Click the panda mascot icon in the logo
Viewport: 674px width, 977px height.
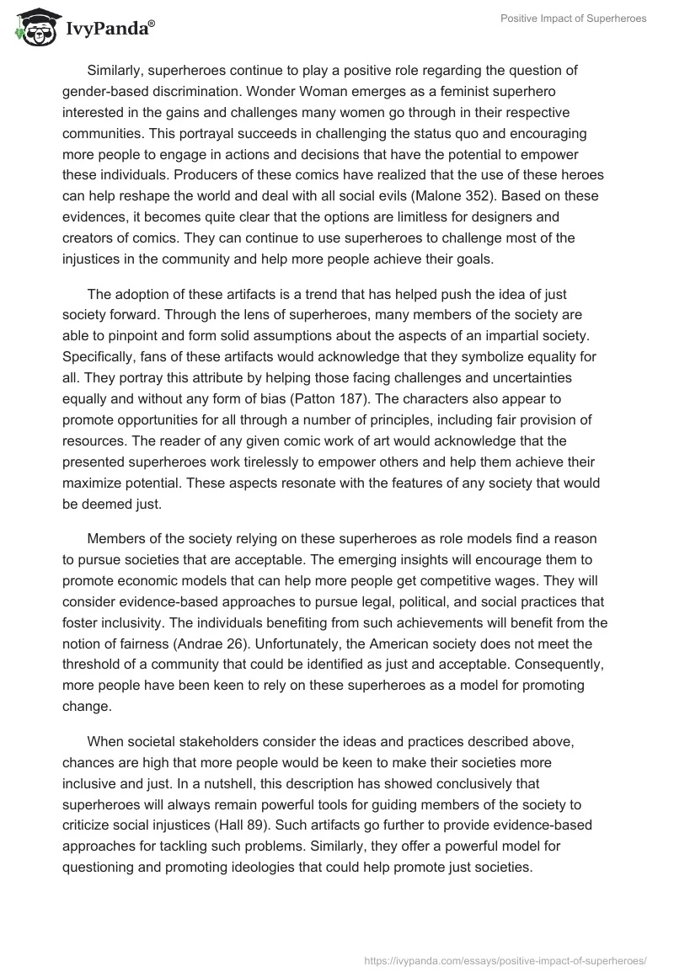[32, 27]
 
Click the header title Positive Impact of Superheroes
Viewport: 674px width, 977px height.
[572, 19]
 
